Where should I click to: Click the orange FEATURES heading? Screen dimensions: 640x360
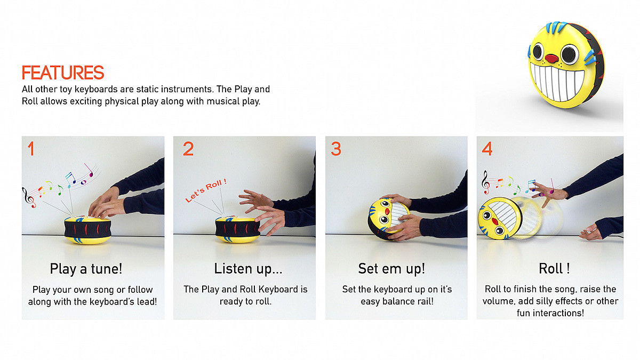click(63, 73)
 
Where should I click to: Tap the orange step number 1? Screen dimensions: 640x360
click(31, 149)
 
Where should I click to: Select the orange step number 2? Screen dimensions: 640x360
click(188, 149)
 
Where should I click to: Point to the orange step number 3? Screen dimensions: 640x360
click(336, 149)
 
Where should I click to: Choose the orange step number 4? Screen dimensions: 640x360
click(487, 149)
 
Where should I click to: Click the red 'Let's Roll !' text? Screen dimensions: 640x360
click(206, 190)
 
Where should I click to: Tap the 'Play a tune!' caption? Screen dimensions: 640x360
click(86, 269)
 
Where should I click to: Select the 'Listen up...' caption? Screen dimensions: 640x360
click(249, 269)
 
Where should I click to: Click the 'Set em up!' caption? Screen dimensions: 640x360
click(391, 269)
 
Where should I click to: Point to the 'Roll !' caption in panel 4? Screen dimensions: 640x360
click(554, 269)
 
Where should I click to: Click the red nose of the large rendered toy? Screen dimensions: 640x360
click(551, 59)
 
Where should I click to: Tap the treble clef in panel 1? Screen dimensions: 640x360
click(29, 197)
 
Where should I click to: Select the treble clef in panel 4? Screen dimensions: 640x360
click(485, 182)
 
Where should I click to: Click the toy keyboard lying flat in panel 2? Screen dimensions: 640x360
click(237, 230)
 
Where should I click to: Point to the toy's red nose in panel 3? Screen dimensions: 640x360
click(387, 211)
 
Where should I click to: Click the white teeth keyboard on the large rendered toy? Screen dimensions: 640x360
click(557, 82)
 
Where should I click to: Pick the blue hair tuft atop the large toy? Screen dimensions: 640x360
click(556, 28)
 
